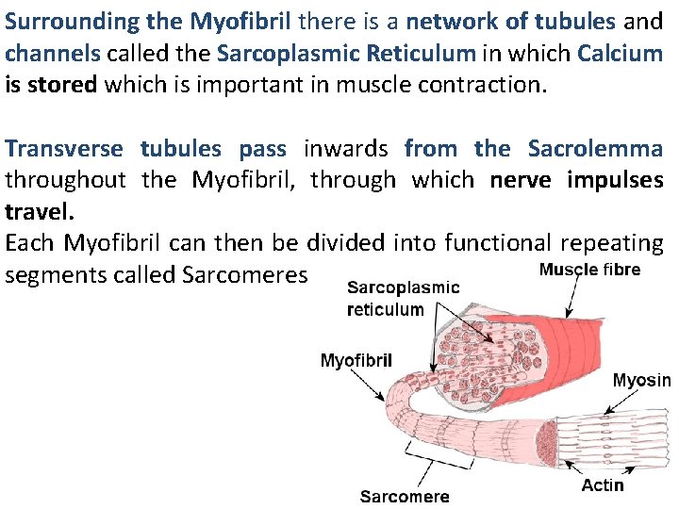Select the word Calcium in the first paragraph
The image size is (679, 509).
tap(621, 53)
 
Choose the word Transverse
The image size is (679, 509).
tap(64, 148)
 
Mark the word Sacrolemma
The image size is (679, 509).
tap(595, 148)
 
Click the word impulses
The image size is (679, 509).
tap(615, 180)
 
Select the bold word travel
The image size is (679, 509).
tap(37, 211)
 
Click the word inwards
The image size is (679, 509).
tap(345, 148)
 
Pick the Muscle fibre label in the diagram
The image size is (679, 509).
tap(589, 270)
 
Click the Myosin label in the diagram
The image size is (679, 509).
tap(641, 381)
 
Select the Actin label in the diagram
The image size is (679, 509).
tap(603, 484)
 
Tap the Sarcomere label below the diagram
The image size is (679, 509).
tap(405, 497)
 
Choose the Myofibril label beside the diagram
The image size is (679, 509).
tap(356, 360)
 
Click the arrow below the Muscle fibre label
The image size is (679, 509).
tap(572, 297)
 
